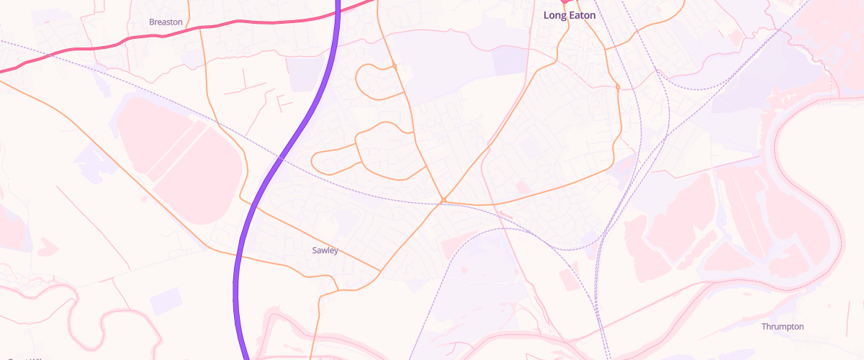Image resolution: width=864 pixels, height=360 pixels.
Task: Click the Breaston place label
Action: [166, 22]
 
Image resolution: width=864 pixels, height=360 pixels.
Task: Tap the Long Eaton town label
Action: [570, 15]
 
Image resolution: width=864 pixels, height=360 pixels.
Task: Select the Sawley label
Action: [325, 251]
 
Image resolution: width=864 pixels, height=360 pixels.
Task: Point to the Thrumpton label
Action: [783, 327]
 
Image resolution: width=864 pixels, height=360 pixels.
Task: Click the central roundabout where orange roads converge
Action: [444, 199]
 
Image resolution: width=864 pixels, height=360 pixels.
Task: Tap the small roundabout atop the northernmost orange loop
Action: [395, 67]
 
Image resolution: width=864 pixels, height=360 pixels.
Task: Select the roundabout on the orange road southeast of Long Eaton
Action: [618, 88]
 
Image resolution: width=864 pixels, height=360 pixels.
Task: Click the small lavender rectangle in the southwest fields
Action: [166, 300]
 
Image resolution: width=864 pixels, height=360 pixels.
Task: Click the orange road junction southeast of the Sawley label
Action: [380, 271]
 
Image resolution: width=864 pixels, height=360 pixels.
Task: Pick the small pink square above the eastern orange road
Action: [523, 187]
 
